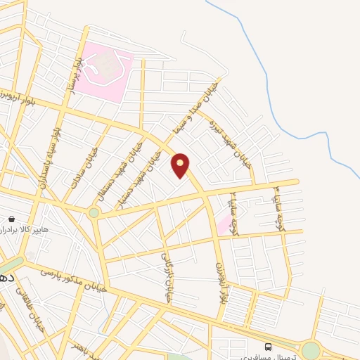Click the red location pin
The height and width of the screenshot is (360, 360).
[181, 165]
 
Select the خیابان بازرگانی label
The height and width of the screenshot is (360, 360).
[167, 278]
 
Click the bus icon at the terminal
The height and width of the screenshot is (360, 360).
[268, 347]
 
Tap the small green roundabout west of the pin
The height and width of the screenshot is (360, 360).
[94, 212]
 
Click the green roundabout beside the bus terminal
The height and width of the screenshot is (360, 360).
[311, 349]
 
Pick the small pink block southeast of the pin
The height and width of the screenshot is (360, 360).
[224, 225]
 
